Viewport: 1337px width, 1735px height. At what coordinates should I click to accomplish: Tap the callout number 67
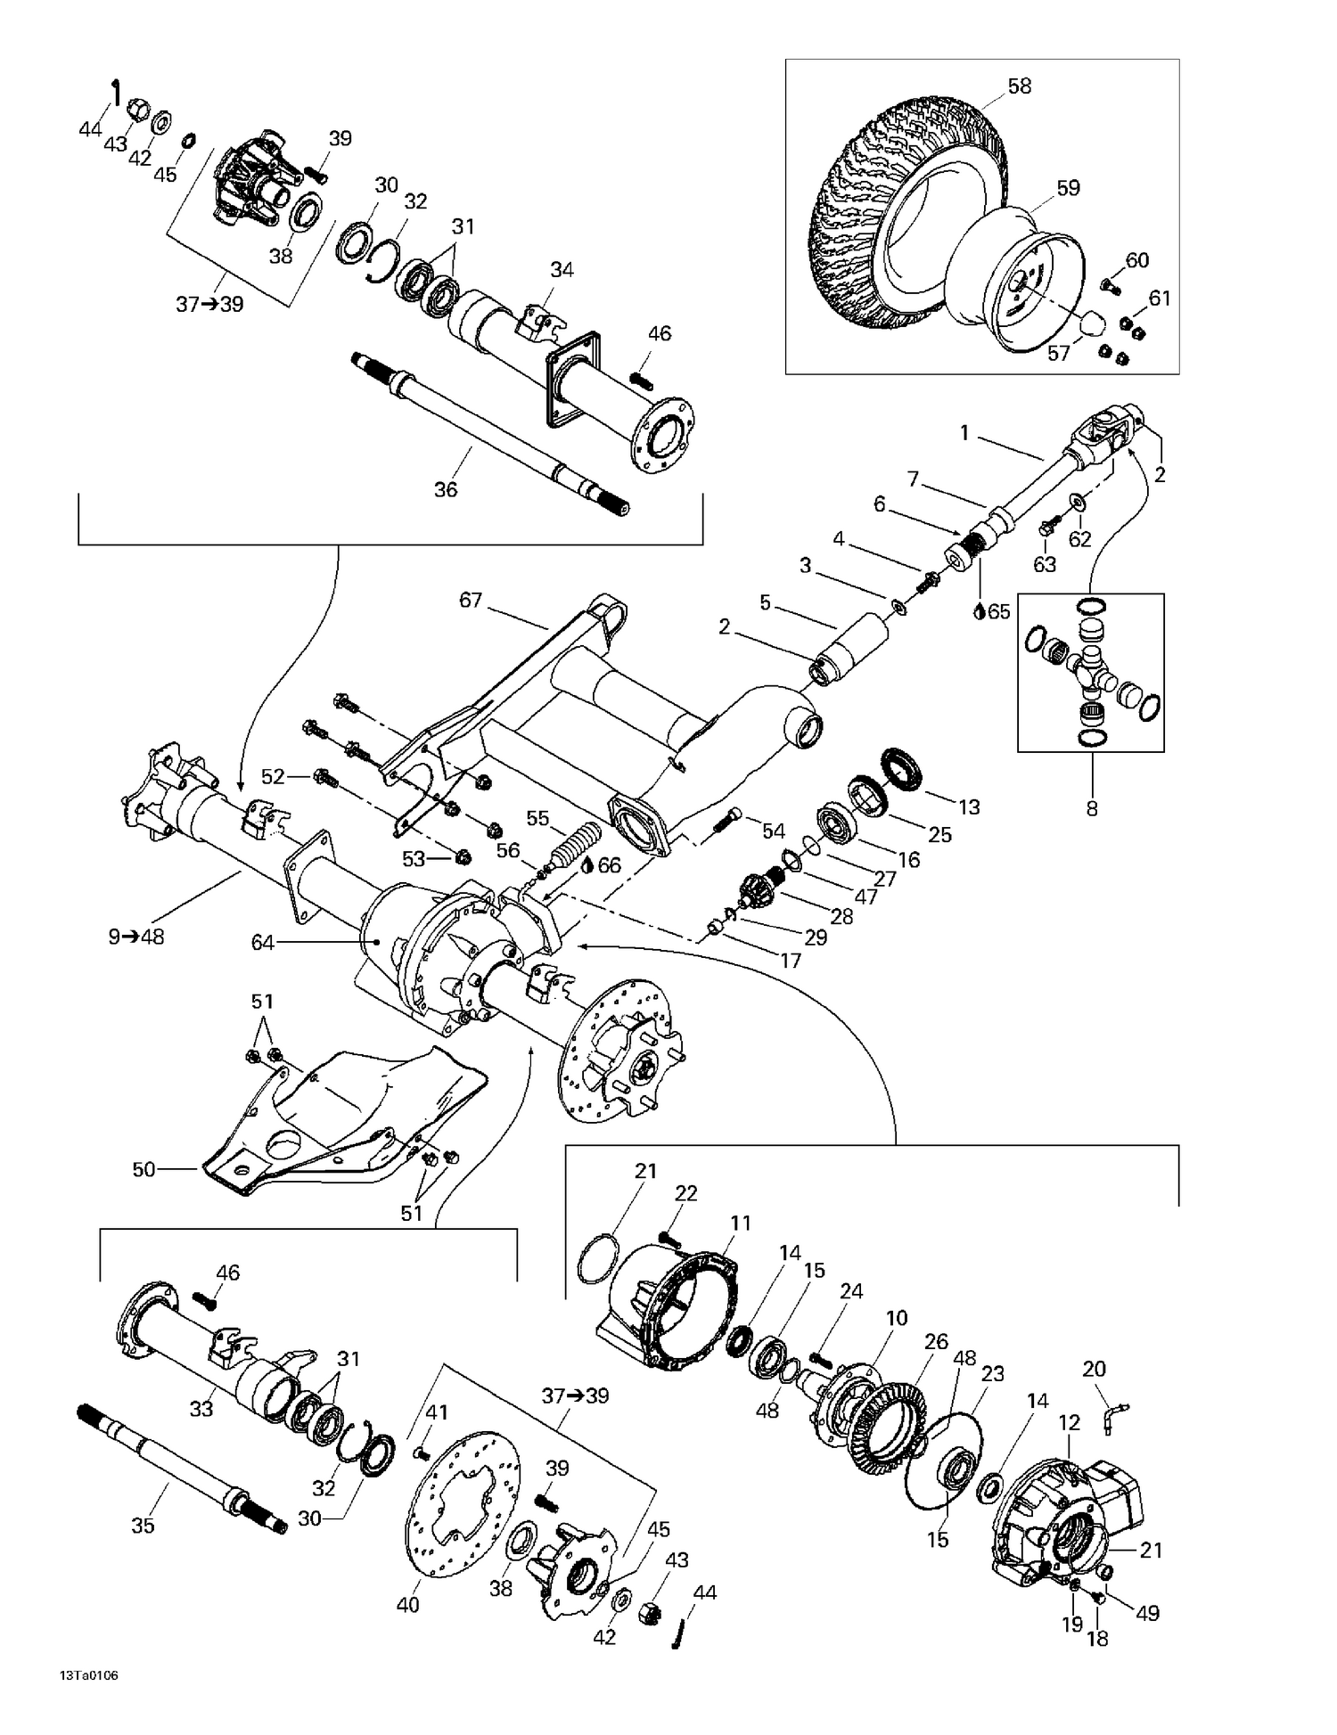(471, 601)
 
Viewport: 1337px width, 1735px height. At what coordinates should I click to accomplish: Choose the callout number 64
(263, 942)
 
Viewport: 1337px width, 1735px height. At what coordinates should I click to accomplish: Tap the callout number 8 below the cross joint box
(1092, 809)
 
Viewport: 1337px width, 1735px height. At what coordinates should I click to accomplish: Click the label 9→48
(136, 937)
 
